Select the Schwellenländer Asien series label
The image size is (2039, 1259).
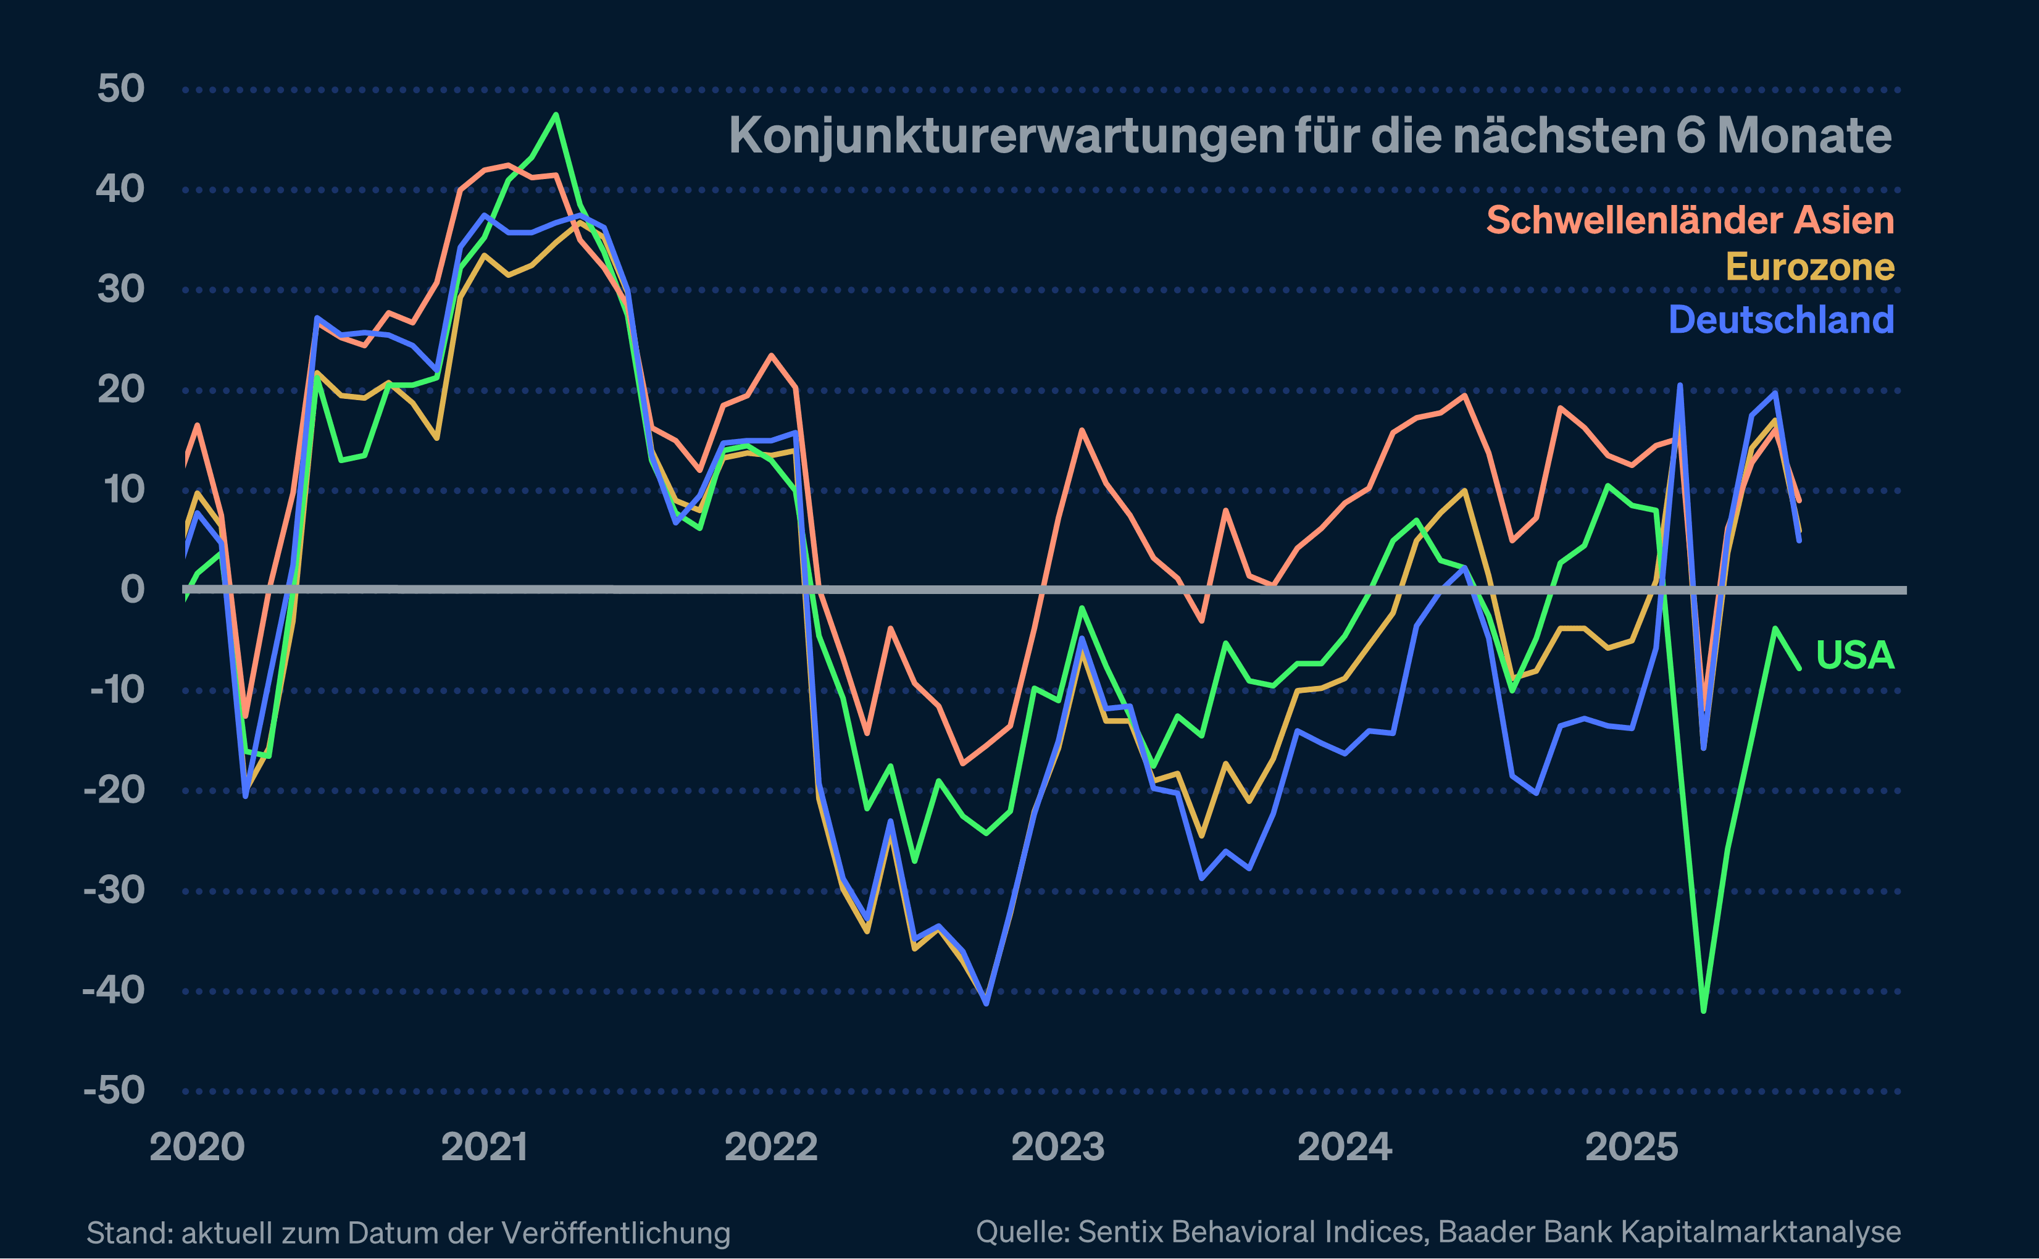[1690, 220]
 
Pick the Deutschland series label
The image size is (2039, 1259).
[1780, 320]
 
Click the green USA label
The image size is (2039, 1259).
[1854, 655]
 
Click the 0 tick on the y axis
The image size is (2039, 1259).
[132, 590]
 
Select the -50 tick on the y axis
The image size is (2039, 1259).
[115, 1090]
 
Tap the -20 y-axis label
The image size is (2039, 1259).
[115, 789]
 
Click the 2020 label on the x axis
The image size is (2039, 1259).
[198, 1147]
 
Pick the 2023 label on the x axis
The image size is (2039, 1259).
[1058, 1147]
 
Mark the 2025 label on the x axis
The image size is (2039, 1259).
[1631, 1147]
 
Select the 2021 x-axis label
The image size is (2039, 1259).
[485, 1147]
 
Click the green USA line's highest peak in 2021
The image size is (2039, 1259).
[556, 115]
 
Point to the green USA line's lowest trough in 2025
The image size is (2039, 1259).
[1704, 1011]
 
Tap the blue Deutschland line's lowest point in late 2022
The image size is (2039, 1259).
[986, 1003]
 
